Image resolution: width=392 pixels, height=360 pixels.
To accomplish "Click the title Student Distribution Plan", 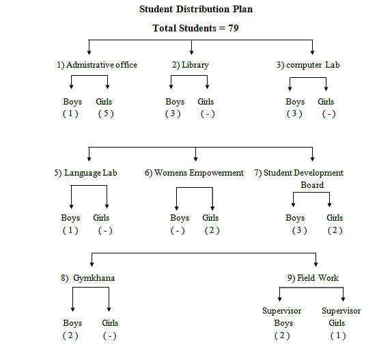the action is point(196,10).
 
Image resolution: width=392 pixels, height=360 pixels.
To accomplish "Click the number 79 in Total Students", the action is point(234,28).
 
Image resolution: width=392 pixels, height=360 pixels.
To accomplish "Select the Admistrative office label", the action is point(102,65).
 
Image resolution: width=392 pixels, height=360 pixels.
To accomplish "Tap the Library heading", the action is point(195,65).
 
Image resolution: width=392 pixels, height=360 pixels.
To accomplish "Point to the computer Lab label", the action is point(313,65).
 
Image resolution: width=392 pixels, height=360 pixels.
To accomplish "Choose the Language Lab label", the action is point(91,173).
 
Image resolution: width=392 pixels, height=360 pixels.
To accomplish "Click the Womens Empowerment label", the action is point(199,173).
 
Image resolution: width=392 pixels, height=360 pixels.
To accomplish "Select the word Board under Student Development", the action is point(312,185).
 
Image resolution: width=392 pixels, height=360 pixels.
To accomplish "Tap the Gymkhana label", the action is point(94,278).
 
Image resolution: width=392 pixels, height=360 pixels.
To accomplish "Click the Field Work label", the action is point(318,278).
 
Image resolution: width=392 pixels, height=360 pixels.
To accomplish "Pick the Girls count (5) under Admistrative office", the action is point(106,114).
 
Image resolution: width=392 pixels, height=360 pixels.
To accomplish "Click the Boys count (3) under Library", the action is point(173,114).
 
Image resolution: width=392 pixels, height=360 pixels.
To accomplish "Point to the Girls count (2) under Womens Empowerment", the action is point(212,230).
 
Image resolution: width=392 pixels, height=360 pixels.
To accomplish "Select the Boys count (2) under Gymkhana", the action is point(70,336).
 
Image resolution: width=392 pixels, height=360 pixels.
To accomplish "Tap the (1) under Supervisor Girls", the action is point(338,336).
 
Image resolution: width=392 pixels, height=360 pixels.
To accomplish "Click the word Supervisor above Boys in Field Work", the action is point(282,311).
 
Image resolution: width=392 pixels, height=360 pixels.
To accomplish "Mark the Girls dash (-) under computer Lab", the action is point(328,114).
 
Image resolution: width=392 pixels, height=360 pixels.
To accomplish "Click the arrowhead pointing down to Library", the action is point(191,52).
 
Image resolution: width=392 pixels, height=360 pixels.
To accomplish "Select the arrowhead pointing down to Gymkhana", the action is point(92,264).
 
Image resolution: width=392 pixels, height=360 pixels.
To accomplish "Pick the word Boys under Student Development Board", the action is point(295,218).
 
